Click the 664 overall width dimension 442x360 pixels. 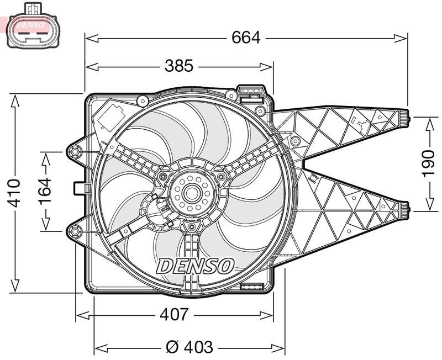[245, 38]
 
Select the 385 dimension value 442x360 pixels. [179, 66]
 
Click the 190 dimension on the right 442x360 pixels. [429, 163]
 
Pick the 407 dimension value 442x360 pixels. [174, 315]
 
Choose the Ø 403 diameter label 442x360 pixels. [190, 347]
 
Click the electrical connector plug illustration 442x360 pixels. [33, 27]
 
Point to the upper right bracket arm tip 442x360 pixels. [407, 117]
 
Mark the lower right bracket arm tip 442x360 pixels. [406, 209]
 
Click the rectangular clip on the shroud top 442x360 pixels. [250, 92]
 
